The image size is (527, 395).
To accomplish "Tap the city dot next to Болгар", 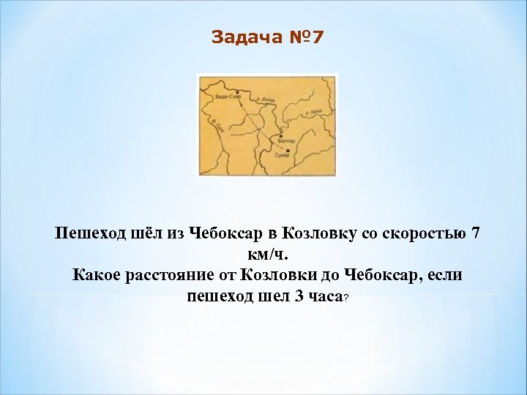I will pos(280,137).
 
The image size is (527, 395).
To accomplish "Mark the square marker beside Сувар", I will pos(288,151).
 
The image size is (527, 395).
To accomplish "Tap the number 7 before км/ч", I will pos(476,234).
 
